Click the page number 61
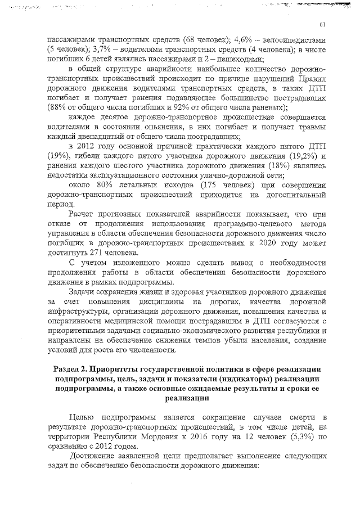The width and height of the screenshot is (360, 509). point(323,24)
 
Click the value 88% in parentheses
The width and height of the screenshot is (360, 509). point(57,108)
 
